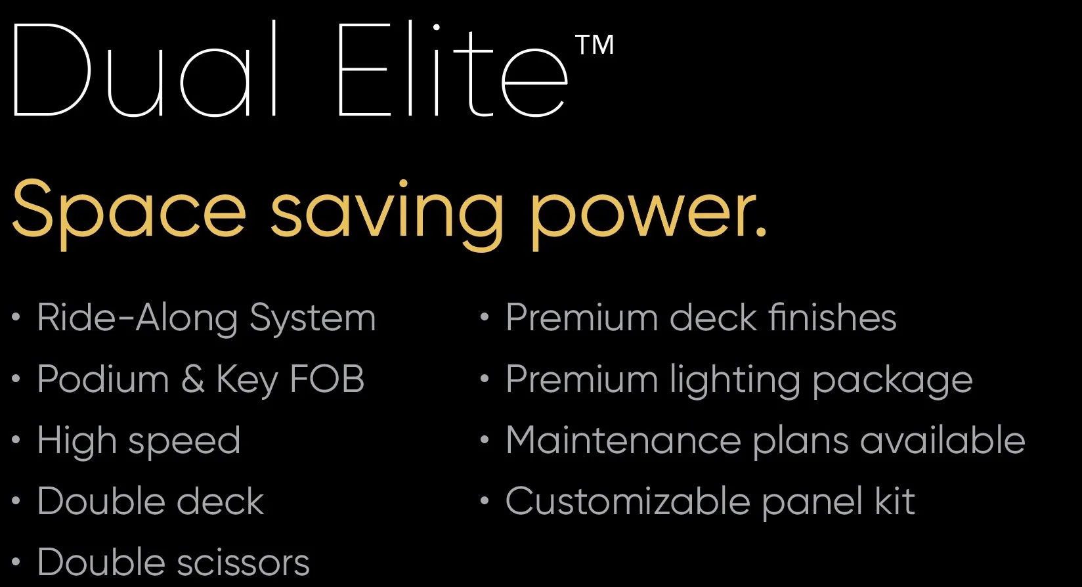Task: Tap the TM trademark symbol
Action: click(x=595, y=45)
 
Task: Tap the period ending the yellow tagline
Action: click(x=760, y=230)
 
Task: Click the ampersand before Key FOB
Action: click(x=192, y=380)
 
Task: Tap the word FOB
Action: click(x=327, y=379)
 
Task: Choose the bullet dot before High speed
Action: click(x=16, y=441)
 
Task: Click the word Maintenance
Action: click(x=623, y=440)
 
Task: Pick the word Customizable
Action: click(x=628, y=502)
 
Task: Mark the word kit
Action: click(x=894, y=502)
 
